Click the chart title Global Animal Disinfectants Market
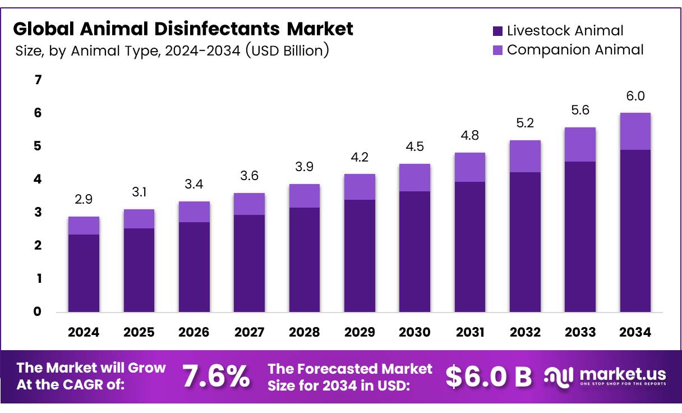click(183, 28)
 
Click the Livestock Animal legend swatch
click(497, 31)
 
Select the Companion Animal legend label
click(575, 49)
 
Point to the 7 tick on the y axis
click(38, 80)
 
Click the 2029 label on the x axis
click(360, 332)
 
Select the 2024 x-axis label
click(84, 332)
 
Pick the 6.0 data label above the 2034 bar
click(635, 97)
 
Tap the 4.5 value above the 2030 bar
click(414, 147)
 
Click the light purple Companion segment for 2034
click(635, 131)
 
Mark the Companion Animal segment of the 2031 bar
click(469, 167)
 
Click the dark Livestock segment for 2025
click(139, 269)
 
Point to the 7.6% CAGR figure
click(216, 377)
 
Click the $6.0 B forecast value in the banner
click(489, 377)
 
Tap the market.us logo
click(606, 376)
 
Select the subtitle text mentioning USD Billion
click(172, 51)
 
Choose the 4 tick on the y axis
click(38, 180)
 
